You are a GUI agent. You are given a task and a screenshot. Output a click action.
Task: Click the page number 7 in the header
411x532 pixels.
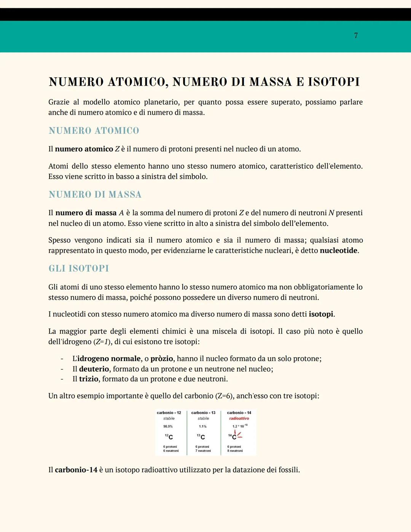(x=356, y=35)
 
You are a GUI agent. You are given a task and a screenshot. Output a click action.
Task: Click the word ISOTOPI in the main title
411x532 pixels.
(x=333, y=82)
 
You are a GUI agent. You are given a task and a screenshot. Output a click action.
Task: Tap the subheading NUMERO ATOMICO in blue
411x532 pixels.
(x=94, y=131)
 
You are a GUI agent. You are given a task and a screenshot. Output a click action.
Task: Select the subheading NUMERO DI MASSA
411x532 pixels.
(x=95, y=195)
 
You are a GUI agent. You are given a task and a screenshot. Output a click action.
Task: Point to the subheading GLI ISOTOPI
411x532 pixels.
(x=78, y=268)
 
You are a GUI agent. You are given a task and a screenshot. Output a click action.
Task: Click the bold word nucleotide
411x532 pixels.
(x=338, y=251)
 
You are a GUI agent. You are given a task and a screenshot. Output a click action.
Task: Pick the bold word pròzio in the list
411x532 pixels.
(x=162, y=359)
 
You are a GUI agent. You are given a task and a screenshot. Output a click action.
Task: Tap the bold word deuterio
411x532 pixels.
(x=94, y=369)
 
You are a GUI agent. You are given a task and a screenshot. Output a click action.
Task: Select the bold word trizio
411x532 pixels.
(x=89, y=379)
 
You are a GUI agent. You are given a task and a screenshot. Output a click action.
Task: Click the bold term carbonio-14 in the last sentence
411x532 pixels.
(x=76, y=470)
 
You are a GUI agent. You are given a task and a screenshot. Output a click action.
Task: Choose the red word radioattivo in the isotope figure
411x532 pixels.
(x=239, y=419)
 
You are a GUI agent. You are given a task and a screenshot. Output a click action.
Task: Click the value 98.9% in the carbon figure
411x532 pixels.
(x=168, y=427)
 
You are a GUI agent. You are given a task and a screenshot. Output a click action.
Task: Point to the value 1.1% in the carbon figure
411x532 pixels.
(x=202, y=427)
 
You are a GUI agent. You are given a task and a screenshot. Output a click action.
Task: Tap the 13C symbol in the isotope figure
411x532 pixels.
(x=201, y=437)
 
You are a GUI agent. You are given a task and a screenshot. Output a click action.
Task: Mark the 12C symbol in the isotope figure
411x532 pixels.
(x=169, y=437)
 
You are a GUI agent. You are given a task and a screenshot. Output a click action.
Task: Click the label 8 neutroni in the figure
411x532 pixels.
(x=235, y=451)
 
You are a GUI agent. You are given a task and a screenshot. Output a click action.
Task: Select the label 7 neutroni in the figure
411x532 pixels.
(x=203, y=451)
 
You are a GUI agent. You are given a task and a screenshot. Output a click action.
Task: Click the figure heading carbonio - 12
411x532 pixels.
(x=169, y=413)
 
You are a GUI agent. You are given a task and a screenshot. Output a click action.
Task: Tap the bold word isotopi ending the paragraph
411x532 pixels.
(x=321, y=314)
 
